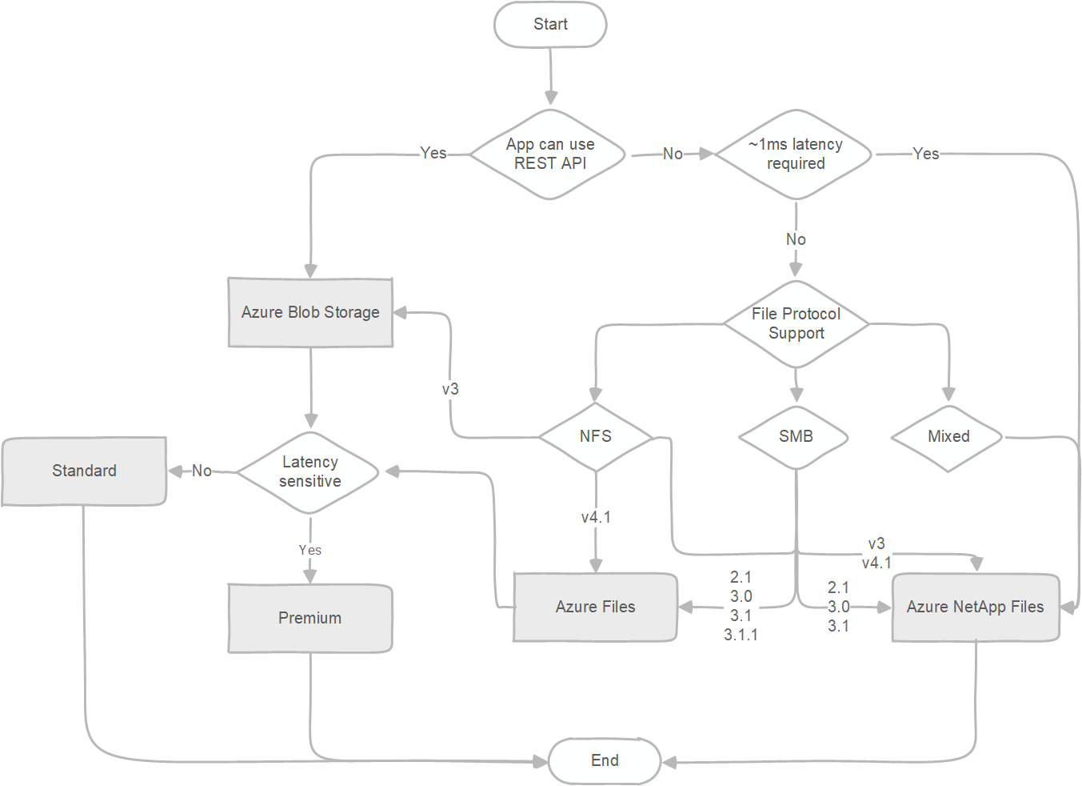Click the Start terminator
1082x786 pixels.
coord(550,25)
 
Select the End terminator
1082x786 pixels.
coord(605,760)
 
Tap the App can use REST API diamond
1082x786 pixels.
coord(550,154)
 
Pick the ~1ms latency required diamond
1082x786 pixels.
coord(795,154)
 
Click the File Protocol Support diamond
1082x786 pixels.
coord(796,323)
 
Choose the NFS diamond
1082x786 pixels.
coord(596,436)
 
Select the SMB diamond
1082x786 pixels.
coord(796,436)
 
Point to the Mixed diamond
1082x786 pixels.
coord(948,436)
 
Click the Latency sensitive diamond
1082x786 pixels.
coord(309,471)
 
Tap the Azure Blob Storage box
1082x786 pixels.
coord(310,312)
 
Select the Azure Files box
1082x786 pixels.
coord(595,607)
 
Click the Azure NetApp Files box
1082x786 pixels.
coord(975,607)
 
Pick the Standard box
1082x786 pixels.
coord(84,471)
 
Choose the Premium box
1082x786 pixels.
coord(309,618)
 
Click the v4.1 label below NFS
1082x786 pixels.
coord(596,517)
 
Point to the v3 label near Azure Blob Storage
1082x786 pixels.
coord(450,389)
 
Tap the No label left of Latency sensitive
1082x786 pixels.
coord(202,471)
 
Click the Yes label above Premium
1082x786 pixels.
coord(309,550)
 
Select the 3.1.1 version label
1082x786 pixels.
coord(741,635)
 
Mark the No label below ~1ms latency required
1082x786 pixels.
coord(796,239)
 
